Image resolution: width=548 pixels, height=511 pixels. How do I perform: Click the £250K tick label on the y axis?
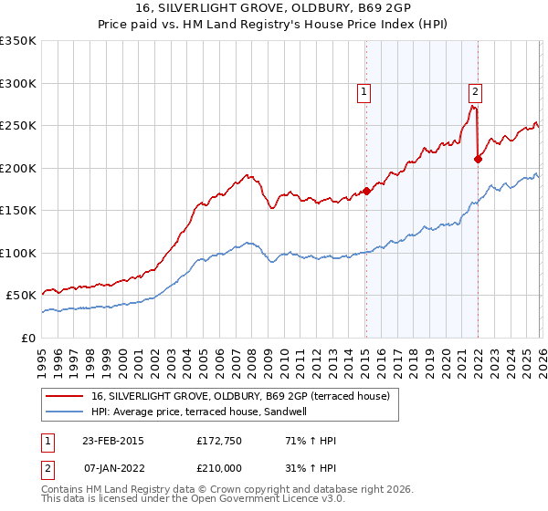(18, 126)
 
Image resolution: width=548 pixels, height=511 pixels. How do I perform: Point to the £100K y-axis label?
(18, 253)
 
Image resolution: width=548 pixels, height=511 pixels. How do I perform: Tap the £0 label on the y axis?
(28, 338)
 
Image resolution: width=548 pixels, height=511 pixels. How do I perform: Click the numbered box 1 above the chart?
(364, 90)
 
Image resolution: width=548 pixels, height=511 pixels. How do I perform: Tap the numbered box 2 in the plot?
(476, 90)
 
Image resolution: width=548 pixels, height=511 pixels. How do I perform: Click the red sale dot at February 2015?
(366, 192)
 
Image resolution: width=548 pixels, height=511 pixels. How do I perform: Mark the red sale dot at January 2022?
(478, 159)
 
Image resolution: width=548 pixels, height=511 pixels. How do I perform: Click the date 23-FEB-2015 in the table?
(112, 441)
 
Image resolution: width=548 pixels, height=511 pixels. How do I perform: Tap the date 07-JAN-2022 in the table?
(112, 468)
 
